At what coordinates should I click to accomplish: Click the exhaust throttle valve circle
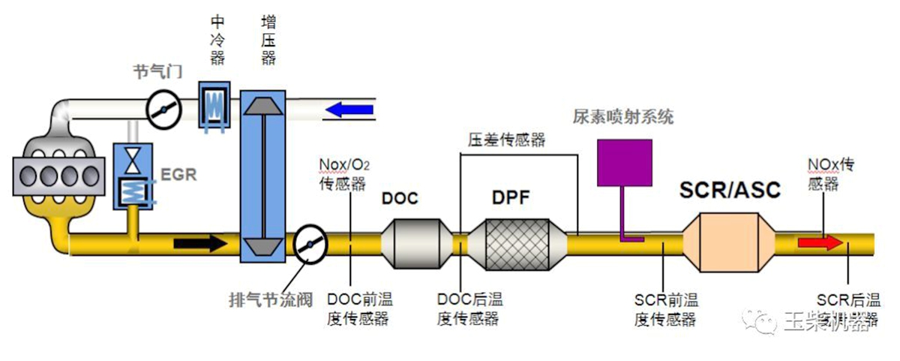(x=309, y=245)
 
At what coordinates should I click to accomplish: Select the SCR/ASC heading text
(x=729, y=190)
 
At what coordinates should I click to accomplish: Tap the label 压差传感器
(x=506, y=140)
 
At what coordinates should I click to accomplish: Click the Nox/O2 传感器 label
(x=342, y=174)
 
